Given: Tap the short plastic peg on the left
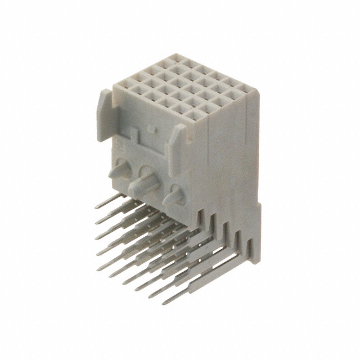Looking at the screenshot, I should pos(121,169).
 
